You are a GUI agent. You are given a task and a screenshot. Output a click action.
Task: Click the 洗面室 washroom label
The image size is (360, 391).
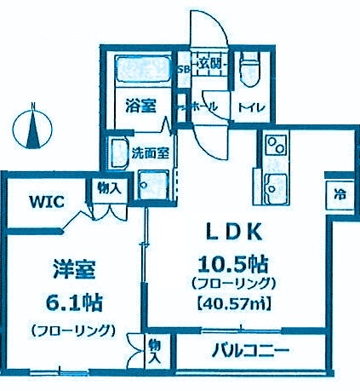point(131,156)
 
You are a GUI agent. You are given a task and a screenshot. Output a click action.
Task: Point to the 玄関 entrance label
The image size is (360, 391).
point(209,62)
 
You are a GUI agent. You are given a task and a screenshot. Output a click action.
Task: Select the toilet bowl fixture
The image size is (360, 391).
point(250,65)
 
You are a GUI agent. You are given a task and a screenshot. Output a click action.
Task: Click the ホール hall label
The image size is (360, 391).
point(202,106)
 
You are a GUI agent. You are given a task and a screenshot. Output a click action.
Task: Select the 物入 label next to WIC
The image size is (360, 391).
point(107,187)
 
